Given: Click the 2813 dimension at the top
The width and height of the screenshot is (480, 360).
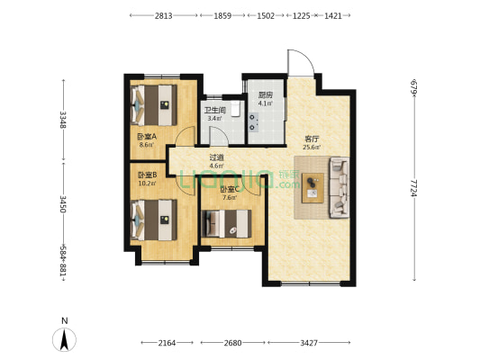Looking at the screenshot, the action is [163, 15].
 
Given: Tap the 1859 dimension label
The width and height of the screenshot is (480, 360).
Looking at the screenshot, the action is [222, 15].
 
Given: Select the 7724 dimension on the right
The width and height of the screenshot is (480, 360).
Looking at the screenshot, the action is [414, 188].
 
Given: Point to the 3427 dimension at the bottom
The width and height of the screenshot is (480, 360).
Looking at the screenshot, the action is [309, 343].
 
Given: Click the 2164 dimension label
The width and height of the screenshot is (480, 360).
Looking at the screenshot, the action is [167, 343].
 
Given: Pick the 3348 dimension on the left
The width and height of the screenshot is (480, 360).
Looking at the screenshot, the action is [63, 120].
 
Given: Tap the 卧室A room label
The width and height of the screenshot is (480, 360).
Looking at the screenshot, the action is [147, 136].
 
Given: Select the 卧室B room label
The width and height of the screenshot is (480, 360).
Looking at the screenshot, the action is [148, 175].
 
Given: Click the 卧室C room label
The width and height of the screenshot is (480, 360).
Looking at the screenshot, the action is [230, 189].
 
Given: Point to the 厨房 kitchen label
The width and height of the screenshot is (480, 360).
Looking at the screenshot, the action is [266, 94].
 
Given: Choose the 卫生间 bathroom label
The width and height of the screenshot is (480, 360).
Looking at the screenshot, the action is [215, 110].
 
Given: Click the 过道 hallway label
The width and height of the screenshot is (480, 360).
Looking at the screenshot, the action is [216, 157].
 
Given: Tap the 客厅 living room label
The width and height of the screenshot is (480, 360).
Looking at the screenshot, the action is [312, 139].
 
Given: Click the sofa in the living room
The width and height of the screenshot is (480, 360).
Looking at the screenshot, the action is [340, 187].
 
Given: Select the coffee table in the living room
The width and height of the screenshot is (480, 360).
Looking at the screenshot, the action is [312, 188].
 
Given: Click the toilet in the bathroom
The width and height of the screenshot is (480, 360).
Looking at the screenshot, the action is [236, 109].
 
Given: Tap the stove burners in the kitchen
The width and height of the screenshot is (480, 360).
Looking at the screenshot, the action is [253, 122].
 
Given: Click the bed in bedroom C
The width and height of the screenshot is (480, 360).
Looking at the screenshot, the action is [227, 223].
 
